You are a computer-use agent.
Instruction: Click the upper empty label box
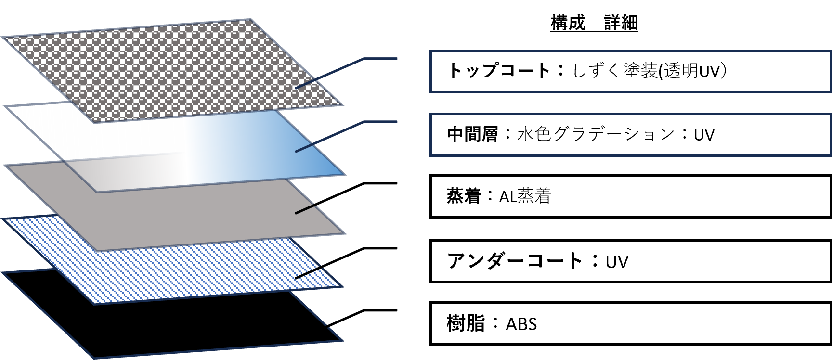pos(630,71)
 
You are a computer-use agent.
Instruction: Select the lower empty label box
pos(630,135)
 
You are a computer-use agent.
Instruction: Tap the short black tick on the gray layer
pos(305,209)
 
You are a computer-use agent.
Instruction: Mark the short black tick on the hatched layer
pos(308,273)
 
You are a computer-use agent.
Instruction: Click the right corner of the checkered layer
pos(342,105)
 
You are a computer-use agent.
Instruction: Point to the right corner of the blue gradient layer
pos(345,174)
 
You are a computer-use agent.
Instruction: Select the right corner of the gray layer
pos(345,233)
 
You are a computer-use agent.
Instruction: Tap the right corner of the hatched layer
pos(342,286)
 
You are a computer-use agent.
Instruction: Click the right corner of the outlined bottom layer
pos(342,340)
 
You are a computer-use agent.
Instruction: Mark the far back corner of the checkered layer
pos(251,20)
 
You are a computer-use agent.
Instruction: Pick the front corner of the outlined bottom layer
pos(94,358)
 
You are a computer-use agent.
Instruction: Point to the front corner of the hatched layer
pos(94,304)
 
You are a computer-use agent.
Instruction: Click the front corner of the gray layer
pos(98,250)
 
